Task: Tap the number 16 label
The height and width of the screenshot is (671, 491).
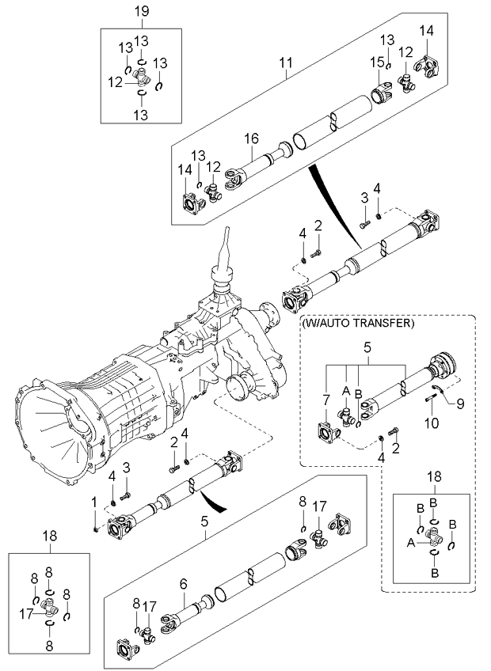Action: pyautogui.click(x=251, y=138)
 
